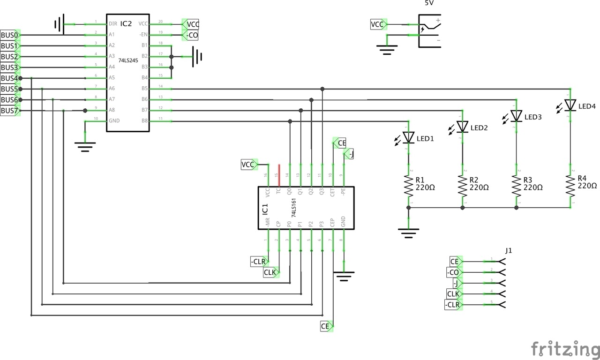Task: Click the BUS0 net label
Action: (x=9, y=35)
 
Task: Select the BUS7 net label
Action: (x=9, y=111)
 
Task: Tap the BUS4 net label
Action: (x=9, y=78)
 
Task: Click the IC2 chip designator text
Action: (x=126, y=23)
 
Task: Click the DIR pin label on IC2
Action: (x=113, y=23)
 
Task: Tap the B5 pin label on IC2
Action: (x=144, y=88)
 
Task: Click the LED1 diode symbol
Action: (x=409, y=137)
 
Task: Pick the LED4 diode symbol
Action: (x=570, y=105)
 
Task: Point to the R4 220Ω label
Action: (x=587, y=182)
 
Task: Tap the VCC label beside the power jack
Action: (x=378, y=24)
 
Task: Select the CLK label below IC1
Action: (x=270, y=272)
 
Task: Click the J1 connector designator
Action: (x=509, y=251)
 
